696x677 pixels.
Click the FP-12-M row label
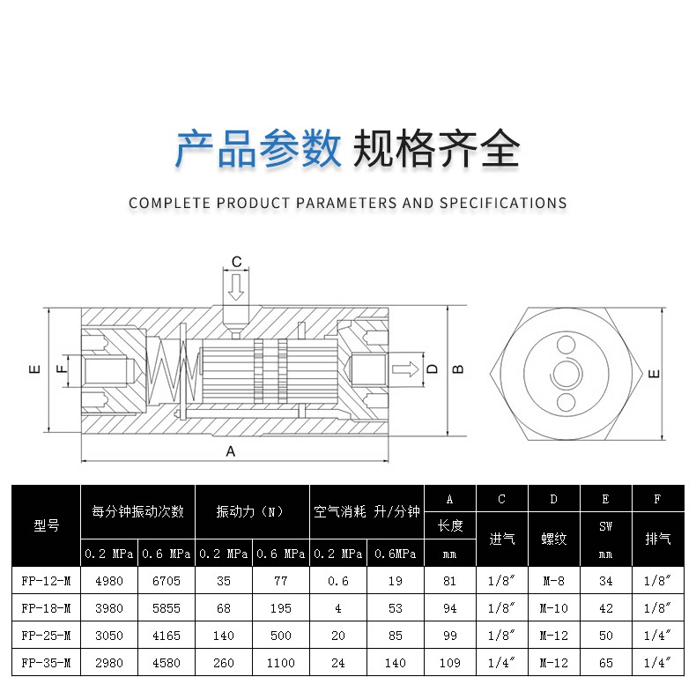coord(46,581)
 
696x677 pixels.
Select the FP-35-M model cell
coord(46,661)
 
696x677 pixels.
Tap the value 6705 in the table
coord(166,581)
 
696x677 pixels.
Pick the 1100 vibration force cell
coord(281,661)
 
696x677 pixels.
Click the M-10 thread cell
coord(554,607)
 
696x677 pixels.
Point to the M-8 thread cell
coord(554,581)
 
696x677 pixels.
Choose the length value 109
coord(449,661)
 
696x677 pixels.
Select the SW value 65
coord(605,661)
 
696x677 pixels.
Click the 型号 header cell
coord(46,525)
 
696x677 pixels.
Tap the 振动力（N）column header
coord(251,511)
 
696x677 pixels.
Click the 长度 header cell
coord(449,526)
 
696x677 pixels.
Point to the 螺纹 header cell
coord(554,539)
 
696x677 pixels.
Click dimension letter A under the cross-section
coord(231,451)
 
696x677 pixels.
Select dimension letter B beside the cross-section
coord(457,368)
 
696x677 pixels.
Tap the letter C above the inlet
coord(236,262)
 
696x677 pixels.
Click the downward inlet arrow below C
coord(235,286)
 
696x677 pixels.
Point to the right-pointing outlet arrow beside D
coord(404,368)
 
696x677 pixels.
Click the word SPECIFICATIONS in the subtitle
coord(502,203)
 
